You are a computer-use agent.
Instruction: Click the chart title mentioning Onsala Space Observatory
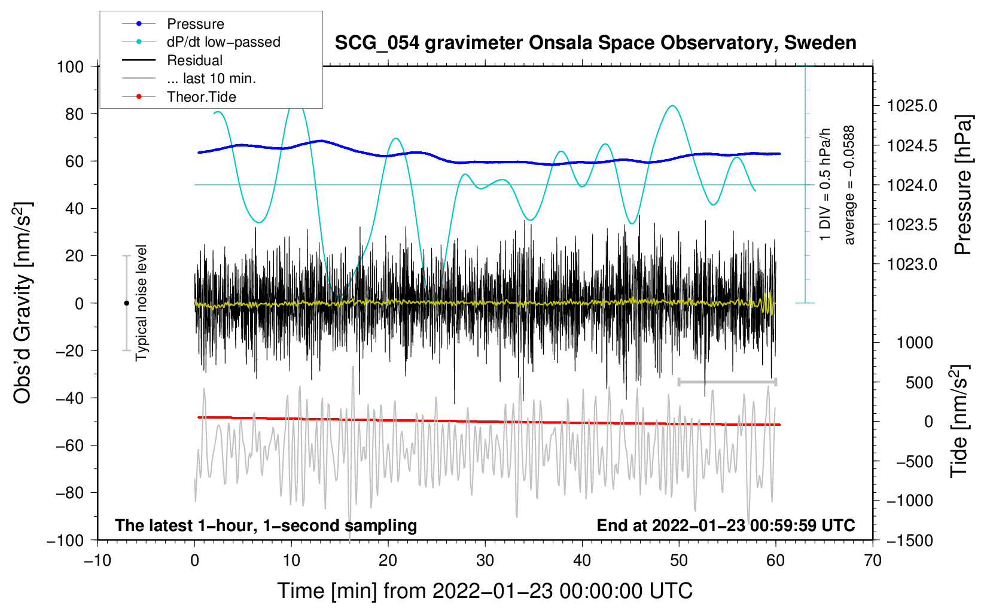click(x=595, y=43)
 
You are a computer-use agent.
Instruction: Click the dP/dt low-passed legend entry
click(x=223, y=42)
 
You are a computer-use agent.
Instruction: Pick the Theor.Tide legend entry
click(x=201, y=97)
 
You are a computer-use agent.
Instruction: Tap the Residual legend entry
click(x=194, y=60)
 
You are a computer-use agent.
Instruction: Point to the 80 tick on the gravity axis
click(x=74, y=114)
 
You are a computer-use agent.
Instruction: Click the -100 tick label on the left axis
click(x=65, y=540)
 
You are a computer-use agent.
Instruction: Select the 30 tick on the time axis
click(x=485, y=560)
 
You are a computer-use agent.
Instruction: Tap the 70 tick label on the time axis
click(x=873, y=560)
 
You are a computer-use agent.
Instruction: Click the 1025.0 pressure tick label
click(x=912, y=106)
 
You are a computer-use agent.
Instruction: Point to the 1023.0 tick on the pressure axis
click(x=912, y=264)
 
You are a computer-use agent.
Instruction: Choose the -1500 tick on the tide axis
click(x=909, y=540)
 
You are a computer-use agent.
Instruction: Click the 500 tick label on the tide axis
click(x=919, y=382)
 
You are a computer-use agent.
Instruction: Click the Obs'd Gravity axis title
click(x=23, y=303)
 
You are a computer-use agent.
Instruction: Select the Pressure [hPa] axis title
click(x=963, y=185)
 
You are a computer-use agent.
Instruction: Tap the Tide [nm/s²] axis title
click(x=960, y=422)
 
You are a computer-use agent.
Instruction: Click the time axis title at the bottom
click(x=485, y=591)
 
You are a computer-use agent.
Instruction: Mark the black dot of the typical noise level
click(x=126, y=303)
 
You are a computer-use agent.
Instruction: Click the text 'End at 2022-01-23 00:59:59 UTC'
click(x=726, y=526)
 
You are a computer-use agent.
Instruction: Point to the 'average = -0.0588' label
click(x=849, y=185)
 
